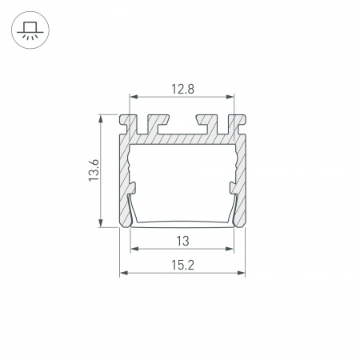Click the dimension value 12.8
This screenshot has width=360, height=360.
point(182,89)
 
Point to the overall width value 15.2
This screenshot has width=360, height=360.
point(182,265)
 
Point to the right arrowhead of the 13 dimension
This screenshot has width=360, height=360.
point(232,249)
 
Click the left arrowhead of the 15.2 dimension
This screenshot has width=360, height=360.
point(123,274)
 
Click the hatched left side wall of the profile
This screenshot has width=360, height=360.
point(125,172)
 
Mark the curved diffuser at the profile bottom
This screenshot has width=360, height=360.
point(182,222)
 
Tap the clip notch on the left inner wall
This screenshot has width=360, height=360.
point(133,189)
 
